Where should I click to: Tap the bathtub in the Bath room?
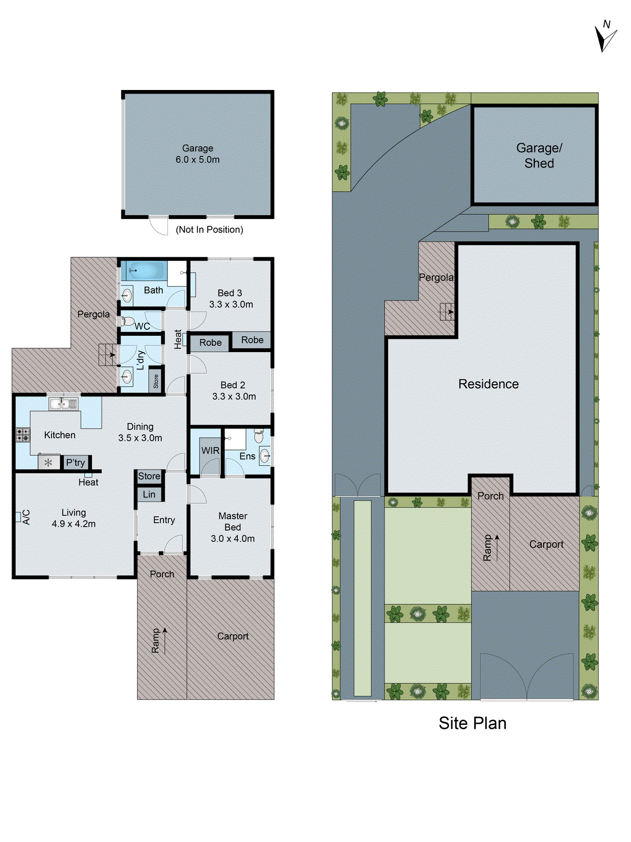coord(144,272)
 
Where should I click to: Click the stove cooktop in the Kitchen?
coord(23,435)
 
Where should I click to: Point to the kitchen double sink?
coord(63,404)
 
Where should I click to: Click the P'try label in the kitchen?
coord(75,463)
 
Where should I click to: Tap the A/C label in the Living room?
coord(26,517)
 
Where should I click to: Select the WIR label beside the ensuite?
coord(210,450)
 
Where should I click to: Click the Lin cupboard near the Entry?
coord(149,494)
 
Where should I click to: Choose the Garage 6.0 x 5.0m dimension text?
coord(198,159)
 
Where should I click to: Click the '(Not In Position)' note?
coord(209,229)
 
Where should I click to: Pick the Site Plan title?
coord(472,723)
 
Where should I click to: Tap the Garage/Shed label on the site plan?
coord(539,156)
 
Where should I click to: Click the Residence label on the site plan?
coord(488,384)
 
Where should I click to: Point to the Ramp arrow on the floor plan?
coord(165,640)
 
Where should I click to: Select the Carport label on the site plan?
coord(546,545)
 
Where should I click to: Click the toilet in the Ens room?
coord(259,436)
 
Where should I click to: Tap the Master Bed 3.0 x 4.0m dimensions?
coord(232,538)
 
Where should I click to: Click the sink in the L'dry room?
coord(127,376)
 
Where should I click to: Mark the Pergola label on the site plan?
coord(436,277)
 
